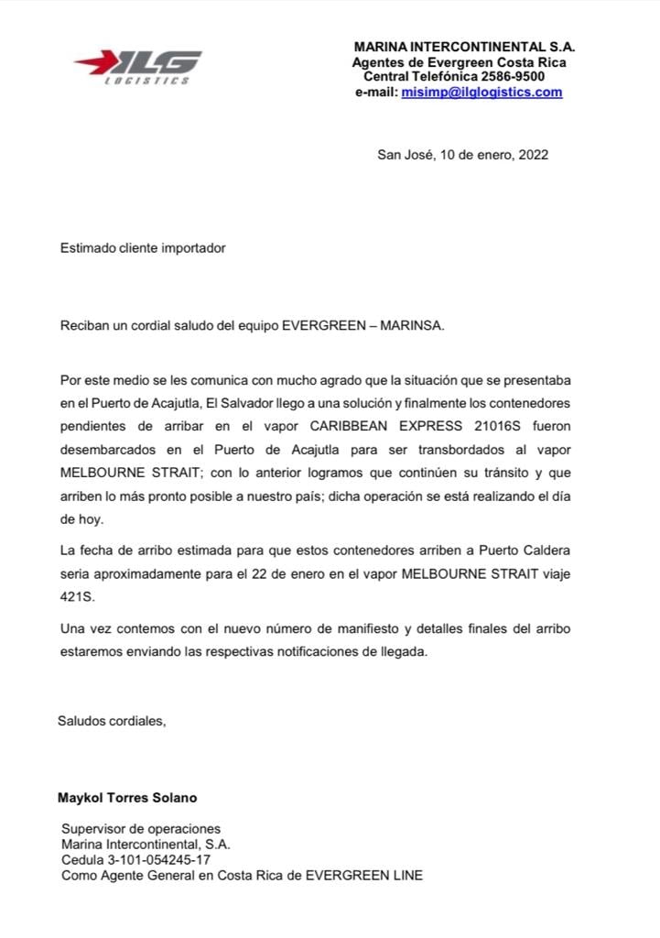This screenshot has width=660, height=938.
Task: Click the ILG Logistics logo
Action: click(x=138, y=67)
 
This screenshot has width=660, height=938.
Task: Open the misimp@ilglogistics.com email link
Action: click(x=481, y=93)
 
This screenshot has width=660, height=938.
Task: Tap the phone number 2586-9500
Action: click(x=514, y=77)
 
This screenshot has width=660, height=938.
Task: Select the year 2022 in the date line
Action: click(x=533, y=155)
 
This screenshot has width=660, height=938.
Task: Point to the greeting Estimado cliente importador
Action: click(x=142, y=248)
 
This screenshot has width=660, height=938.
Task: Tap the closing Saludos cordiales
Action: click(x=112, y=720)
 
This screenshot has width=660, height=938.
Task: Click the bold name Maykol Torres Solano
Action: click(x=127, y=798)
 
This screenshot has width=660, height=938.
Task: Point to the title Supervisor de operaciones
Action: click(x=141, y=829)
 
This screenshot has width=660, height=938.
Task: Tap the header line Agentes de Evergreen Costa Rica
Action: click(x=459, y=62)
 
